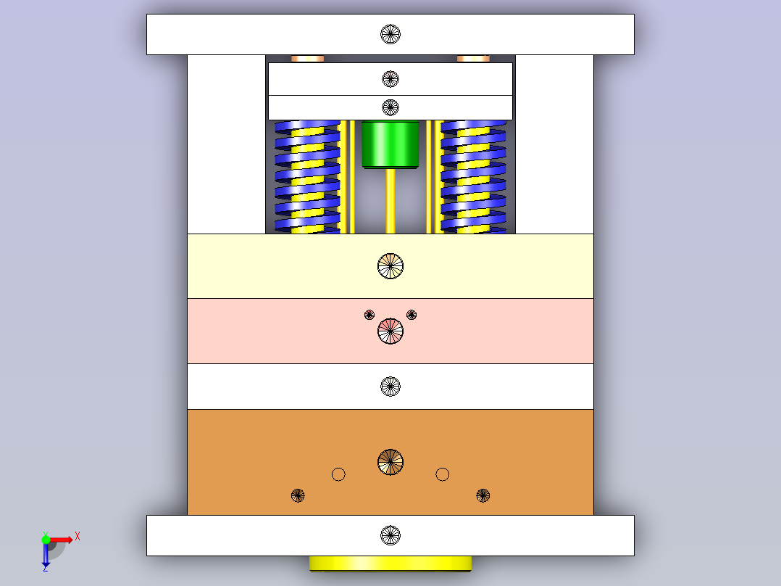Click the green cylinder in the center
pyautogui.click(x=390, y=144)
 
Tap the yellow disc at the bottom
pyautogui.click(x=390, y=564)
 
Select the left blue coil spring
pyautogui.click(x=307, y=177)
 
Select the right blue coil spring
pyautogui.click(x=473, y=177)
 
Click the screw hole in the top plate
pyautogui.click(x=390, y=34)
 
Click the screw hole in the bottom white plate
pyautogui.click(x=390, y=536)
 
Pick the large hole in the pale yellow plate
pyautogui.click(x=390, y=266)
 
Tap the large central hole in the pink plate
pyautogui.click(x=390, y=331)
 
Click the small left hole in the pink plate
pyautogui.click(x=369, y=315)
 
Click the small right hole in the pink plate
pyautogui.click(x=412, y=315)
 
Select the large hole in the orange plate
pyautogui.click(x=390, y=462)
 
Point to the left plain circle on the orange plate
pyautogui.click(x=338, y=474)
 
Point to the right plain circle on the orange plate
pyautogui.click(x=442, y=474)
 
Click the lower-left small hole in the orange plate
pyautogui.click(x=298, y=496)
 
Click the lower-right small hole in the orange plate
pyautogui.click(x=483, y=496)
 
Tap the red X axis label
pyautogui.click(x=78, y=537)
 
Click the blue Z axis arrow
pyautogui.click(x=46, y=555)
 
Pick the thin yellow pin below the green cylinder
pyautogui.click(x=390, y=201)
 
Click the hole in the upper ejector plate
pyautogui.click(x=390, y=79)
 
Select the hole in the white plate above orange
pyautogui.click(x=390, y=387)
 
